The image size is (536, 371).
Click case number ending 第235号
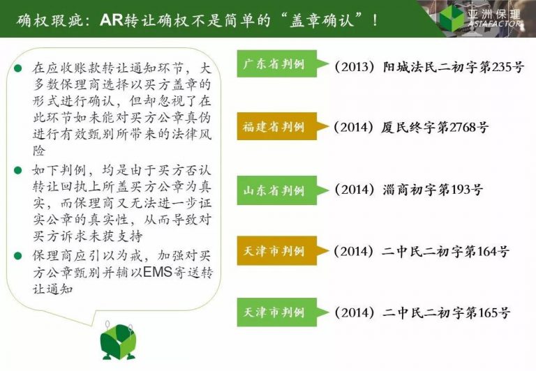click(x=429, y=67)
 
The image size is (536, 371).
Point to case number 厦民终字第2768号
click(x=411, y=128)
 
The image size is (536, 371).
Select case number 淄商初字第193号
click(x=409, y=190)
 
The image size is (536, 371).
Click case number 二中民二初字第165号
click(x=422, y=312)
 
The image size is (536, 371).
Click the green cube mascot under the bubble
click(x=118, y=342)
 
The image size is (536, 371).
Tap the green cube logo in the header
click(x=452, y=17)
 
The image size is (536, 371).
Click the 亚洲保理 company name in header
click(x=494, y=14)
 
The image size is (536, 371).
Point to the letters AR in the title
click(x=112, y=20)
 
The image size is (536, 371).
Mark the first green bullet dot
click(x=17, y=68)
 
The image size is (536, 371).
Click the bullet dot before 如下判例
click(x=17, y=169)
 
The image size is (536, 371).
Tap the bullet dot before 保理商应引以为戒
click(x=17, y=255)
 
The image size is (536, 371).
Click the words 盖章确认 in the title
click(x=320, y=20)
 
